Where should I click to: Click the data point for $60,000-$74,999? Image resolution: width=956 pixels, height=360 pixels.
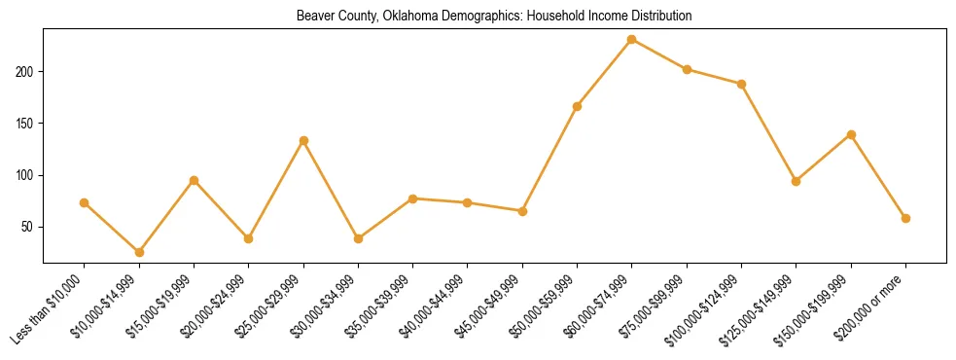632,39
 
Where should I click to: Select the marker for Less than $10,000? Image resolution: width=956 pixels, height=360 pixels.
84,202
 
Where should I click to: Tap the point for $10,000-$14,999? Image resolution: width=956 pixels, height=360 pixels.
139,252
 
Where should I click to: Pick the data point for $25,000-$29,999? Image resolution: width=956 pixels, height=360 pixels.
303,140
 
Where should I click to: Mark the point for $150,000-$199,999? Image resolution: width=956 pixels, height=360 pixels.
851,134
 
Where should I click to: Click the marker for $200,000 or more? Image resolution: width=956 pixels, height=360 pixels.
905,218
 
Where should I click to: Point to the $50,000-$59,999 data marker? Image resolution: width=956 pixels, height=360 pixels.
577,106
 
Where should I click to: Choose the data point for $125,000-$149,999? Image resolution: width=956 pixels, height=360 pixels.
797,181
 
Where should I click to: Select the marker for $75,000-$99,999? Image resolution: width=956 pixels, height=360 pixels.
687,69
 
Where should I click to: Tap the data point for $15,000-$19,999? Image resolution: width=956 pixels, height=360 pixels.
194,180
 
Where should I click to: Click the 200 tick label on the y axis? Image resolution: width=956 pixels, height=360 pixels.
26,72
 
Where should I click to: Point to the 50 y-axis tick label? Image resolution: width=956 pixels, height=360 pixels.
29,227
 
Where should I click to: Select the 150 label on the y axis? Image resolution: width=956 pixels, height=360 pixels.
26,124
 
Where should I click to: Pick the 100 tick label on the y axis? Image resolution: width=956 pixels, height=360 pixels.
26,175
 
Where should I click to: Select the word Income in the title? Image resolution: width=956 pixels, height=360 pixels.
582,17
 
